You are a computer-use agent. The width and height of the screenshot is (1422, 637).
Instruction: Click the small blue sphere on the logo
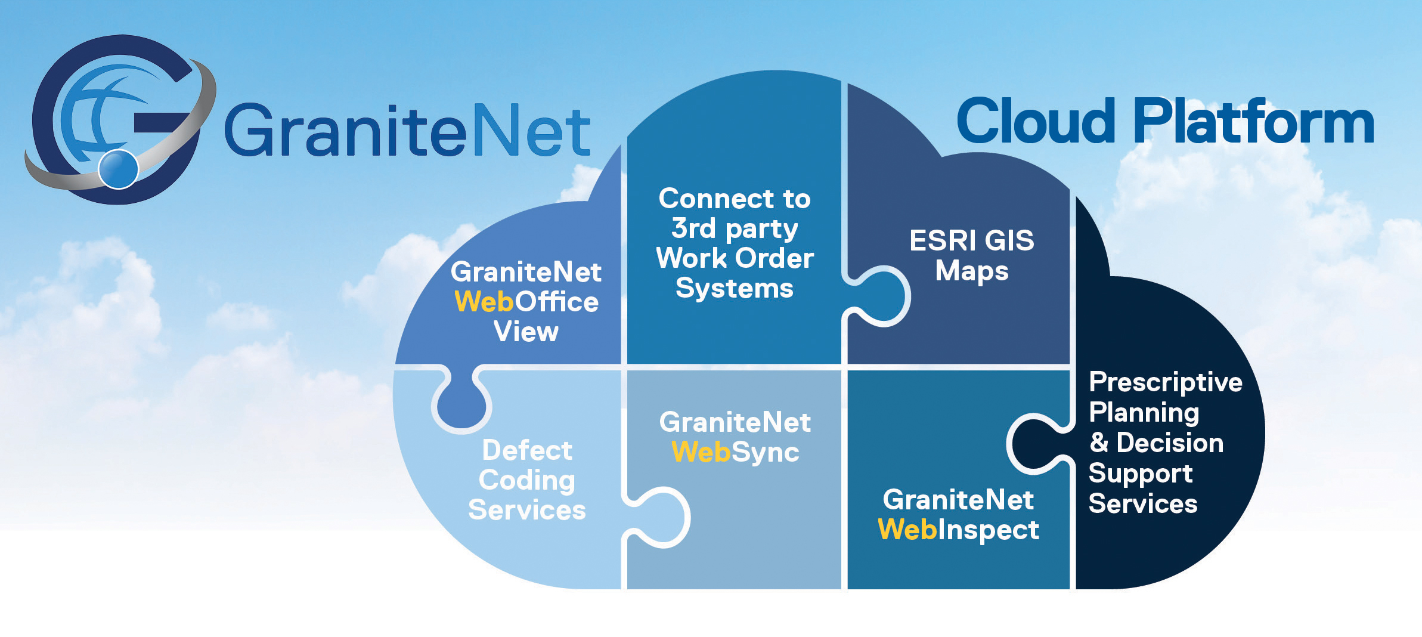point(118,169)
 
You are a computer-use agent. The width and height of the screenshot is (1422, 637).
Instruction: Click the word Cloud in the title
point(1036,122)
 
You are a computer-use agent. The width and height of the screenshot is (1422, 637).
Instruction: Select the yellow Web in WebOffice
point(484,302)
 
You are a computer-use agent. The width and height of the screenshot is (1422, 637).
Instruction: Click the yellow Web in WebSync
point(701,452)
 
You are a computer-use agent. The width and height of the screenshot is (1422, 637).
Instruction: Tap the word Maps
point(972,271)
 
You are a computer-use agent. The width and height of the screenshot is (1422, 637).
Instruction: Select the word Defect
point(527,450)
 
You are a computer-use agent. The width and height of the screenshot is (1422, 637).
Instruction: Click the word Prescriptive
point(1166,382)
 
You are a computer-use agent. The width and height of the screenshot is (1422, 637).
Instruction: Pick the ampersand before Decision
point(1099,443)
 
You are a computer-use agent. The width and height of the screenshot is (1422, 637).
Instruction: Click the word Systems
point(735,289)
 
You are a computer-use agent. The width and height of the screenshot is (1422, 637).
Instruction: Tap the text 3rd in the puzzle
point(693,228)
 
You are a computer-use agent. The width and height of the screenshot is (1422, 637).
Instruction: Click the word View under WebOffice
point(526,332)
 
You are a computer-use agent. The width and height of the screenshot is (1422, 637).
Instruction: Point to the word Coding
point(527,481)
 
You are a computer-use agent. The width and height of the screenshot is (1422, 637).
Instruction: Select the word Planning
point(1144,413)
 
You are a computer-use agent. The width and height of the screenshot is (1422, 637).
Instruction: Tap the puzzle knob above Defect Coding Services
point(461,403)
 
